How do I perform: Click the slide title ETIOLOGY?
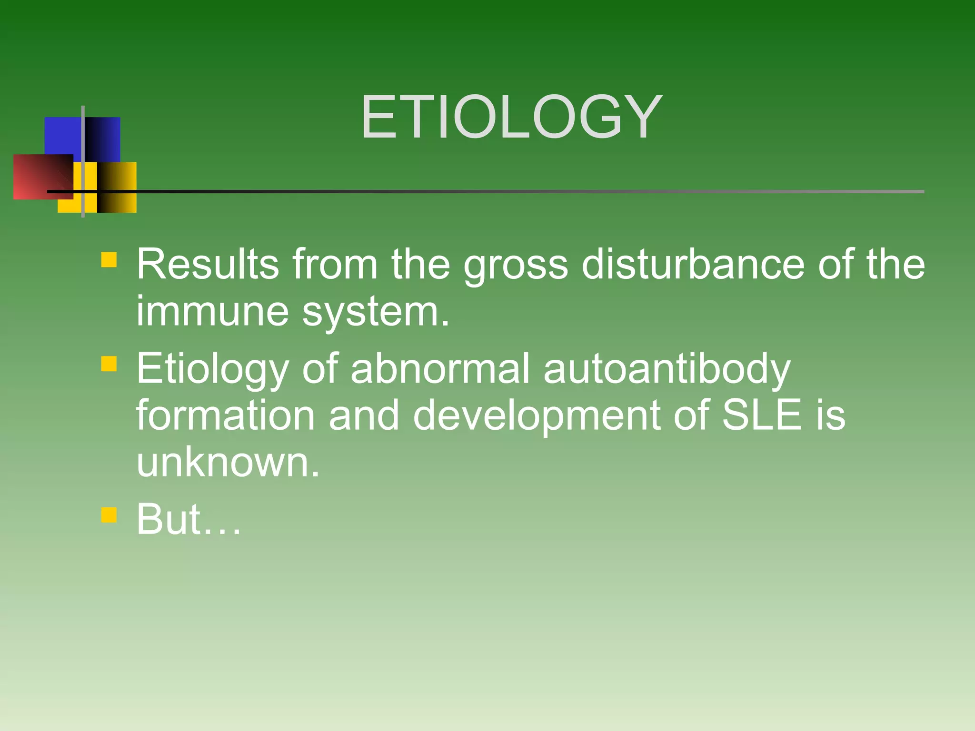click(x=511, y=117)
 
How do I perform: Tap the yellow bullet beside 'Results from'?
click(x=109, y=259)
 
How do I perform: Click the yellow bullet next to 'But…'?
click(x=109, y=515)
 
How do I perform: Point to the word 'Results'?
click(x=208, y=264)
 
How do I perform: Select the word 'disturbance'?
click(x=693, y=264)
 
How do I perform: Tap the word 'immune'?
click(x=212, y=312)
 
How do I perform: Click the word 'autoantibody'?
click(x=667, y=369)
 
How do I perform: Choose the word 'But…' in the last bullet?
click(x=189, y=519)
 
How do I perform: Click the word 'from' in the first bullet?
click(x=335, y=264)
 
